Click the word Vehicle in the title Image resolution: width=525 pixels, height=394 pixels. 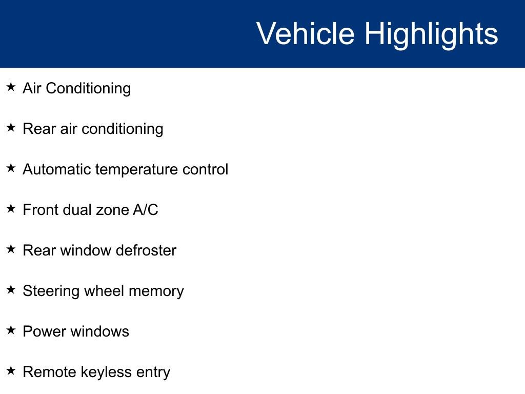coord(305,34)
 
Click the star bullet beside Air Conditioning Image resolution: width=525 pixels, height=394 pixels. coord(11,87)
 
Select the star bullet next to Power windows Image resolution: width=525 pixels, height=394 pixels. coord(11,330)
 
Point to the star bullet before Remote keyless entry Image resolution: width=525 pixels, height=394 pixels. coord(11,371)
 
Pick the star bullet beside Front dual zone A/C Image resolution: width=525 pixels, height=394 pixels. coord(11,209)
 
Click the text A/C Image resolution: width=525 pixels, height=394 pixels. coord(146,210)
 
